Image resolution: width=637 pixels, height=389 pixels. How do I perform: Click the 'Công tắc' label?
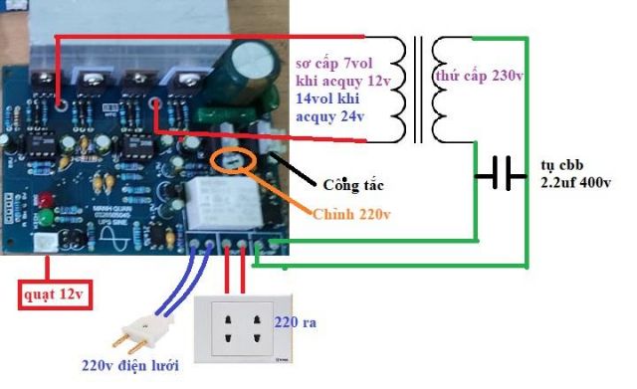(352, 185)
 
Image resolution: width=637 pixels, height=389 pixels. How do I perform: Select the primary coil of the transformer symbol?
(399, 89)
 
